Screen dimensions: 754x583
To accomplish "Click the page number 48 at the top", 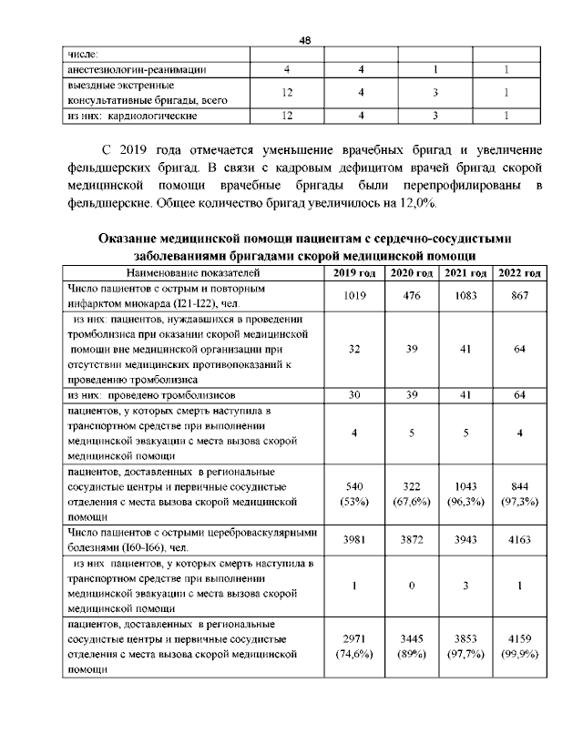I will tap(304, 40).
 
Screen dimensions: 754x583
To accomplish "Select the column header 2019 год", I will tap(353, 272).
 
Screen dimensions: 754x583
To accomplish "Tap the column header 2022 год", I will tap(519, 272).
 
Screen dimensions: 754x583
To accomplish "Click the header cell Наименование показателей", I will tap(193, 272).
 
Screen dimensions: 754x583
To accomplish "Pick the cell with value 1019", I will tap(353, 295).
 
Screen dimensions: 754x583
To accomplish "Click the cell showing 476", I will tap(412, 295).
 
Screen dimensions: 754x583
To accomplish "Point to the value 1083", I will tap(465, 295).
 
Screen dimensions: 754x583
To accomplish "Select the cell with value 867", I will tap(519, 295).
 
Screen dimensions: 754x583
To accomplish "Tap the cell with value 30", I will tap(353, 396).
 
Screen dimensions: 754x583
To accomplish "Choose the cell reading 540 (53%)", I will tap(353, 493).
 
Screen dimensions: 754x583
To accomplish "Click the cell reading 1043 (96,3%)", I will tap(465, 493).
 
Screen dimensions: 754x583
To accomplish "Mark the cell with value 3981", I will tap(353, 540).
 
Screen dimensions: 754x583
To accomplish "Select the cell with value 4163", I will tap(519, 540).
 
